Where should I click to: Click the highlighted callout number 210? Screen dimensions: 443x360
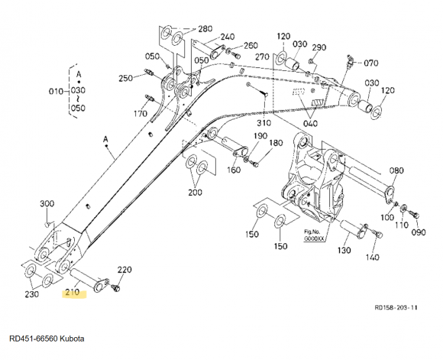[x=73, y=293]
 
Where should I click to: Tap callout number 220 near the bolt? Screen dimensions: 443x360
[x=124, y=270]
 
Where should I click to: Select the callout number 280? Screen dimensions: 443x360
[x=205, y=29]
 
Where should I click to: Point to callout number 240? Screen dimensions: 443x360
[x=228, y=37]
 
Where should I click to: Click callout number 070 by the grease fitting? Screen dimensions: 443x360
[x=371, y=63]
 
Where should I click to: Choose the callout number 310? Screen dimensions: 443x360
[x=264, y=123]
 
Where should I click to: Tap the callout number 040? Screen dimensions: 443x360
[x=310, y=124]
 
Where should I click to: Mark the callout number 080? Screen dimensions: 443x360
[x=396, y=170]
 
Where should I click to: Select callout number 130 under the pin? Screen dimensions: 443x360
[x=344, y=250]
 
